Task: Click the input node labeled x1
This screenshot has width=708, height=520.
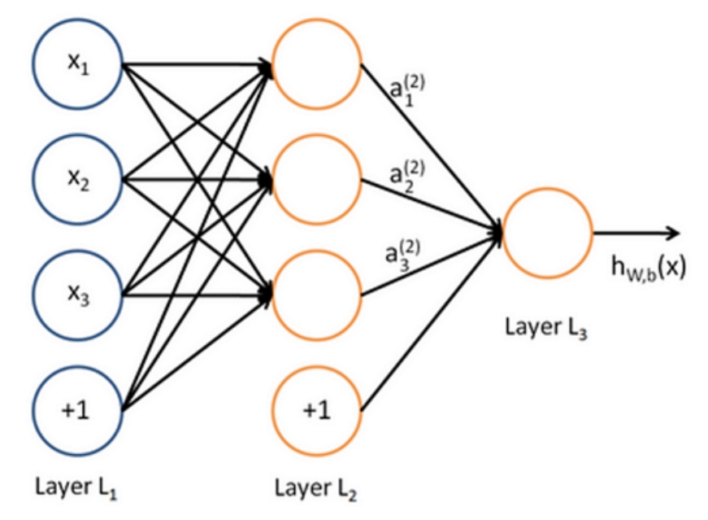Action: pyautogui.click(x=78, y=63)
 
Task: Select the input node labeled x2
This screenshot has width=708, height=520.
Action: pyautogui.click(x=78, y=180)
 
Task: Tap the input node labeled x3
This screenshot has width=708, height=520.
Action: pyautogui.click(x=78, y=295)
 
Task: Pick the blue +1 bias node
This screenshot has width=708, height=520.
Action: pyautogui.click(x=78, y=411)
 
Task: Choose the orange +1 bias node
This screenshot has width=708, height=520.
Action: pyautogui.click(x=316, y=411)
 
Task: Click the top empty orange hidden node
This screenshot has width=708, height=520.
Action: pyautogui.click(x=316, y=63)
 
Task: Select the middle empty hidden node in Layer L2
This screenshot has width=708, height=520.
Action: pyautogui.click(x=316, y=180)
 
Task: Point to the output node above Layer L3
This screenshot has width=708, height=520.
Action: pyautogui.click(x=547, y=233)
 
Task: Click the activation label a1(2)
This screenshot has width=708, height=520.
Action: pyautogui.click(x=406, y=90)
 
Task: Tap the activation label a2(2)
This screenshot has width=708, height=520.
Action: pyautogui.click(x=406, y=177)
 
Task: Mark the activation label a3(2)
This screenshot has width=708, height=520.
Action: pyautogui.click(x=402, y=256)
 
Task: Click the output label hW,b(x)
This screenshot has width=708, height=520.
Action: pyautogui.click(x=649, y=267)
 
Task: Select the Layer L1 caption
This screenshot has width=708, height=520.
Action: pyautogui.click(x=76, y=488)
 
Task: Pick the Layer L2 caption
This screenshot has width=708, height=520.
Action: pyautogui.click(x=315, y=489)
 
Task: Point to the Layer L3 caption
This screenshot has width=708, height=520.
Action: pyautogui.click(x=545, y=327)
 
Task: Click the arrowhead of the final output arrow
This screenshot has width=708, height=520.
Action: pyautogui.click(x=673, y=233)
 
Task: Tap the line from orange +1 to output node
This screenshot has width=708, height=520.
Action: pyautogui.click(x=431, y=322)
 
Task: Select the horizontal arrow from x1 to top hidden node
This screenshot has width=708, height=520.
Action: pyautogui.click(x=198, y=64)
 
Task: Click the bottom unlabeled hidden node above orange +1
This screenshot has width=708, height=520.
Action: pyautogui.click(x=316, y=295)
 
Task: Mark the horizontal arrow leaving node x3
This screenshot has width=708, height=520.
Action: pyautogui.click(x=198, y=295)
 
